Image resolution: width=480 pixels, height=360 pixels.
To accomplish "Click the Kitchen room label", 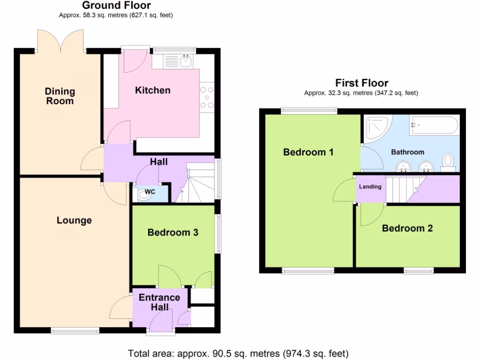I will pos(153,90).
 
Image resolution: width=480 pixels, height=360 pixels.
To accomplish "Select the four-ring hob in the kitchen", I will pos(207,98).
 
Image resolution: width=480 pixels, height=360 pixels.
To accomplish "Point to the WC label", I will pos(150,192).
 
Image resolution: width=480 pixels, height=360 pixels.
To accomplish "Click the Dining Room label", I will pos(60,96).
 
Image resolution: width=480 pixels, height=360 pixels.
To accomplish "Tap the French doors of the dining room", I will pos(60,40).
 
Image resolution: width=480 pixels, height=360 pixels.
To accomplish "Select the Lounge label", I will pos(74,220).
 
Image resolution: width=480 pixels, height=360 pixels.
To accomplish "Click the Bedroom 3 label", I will pos(173,232).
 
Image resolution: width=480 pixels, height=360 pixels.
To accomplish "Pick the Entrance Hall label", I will pos(159,302).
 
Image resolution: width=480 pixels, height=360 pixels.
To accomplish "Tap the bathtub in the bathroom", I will pos(434,126).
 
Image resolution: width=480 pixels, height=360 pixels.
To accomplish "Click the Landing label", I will pos(370,187).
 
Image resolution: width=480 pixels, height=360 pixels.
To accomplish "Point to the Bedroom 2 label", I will pos(407,229).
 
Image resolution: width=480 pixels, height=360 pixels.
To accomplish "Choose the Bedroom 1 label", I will pos(308,152).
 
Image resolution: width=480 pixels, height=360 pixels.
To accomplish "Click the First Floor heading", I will pos(361,83).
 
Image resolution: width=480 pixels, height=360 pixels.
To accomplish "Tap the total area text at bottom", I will pos(239,353).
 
